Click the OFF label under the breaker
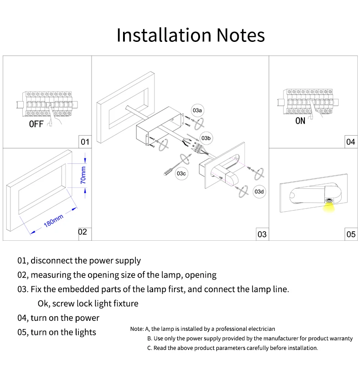pyautogui.click(x=36, y=124)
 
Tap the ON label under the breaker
pyautogui.click(x=300, y=121)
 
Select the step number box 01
pyautogui.click(x=85, y=142)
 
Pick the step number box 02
pyautogui.click(x=82, y=232)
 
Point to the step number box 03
pyautogui.click(x=262, y=234)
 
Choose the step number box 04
pyautogui.click(x=350, y=142)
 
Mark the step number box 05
pyautogui.click(x=350, y=234)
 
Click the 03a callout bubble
pyautogui.click(x=197, y=111)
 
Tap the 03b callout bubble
pyautogui.click(x=206, y=138)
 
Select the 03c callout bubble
pyautogui.click(x=181, y=173)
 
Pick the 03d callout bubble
pyautogui.click(x=259, y=192)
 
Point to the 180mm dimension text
pyautogui.click(x=53, y=222)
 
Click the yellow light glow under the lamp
pyautogui.click(x=328, y=208)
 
